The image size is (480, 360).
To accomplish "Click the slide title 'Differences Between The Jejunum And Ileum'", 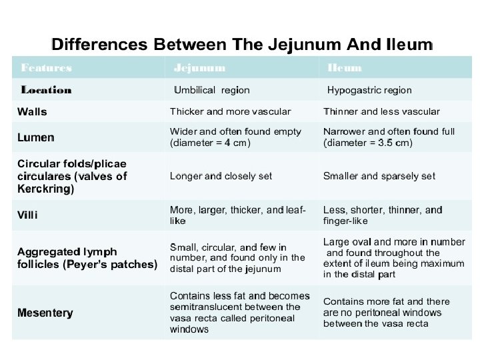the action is pos(242,45).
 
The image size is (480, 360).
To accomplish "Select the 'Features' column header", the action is pos(47,68).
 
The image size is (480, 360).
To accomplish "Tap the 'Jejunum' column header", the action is pos(199,68).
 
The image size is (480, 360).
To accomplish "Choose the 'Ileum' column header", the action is pos(345,68).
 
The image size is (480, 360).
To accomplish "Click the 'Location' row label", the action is pos(47,90).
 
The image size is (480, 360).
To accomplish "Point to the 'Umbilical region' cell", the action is pos(212,90).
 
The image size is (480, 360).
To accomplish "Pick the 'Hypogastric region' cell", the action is pos(369,90).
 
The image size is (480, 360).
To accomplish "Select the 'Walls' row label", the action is pos(32,111).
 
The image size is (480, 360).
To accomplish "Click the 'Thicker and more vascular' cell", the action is pos(231,111).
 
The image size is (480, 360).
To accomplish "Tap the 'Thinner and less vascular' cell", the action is pos(381,111).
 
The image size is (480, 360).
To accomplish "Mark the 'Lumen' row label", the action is pos(36,138).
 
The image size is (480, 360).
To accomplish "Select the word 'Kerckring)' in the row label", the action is pos(45,189).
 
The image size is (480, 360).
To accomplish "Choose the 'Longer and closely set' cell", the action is pos(221,176).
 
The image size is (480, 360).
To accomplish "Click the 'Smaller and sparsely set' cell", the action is pos(379,176).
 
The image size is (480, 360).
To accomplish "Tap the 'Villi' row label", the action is pos(27,215).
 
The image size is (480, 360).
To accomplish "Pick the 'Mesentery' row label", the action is pos(45,313).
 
